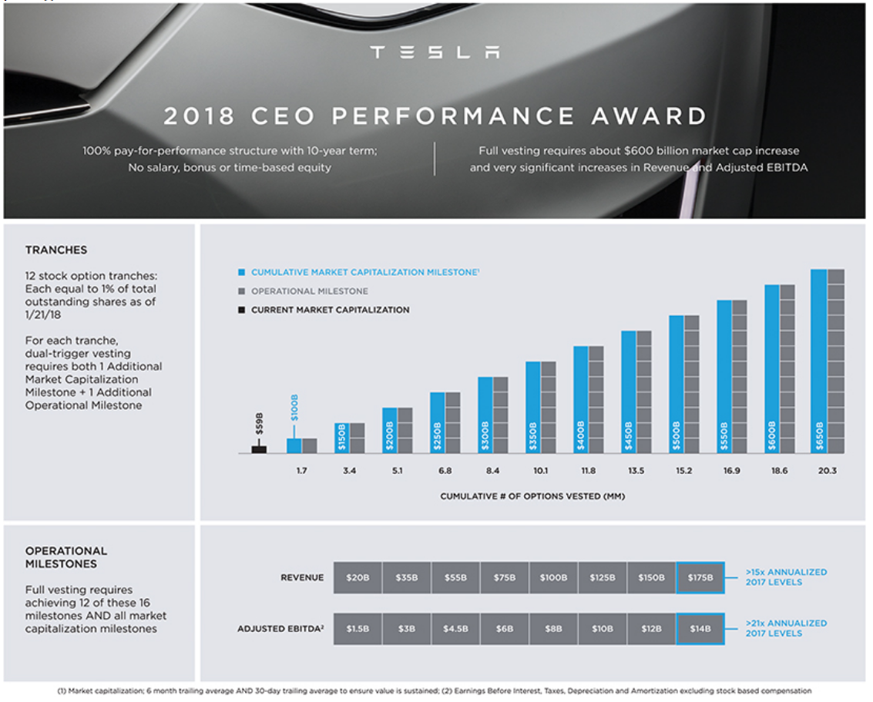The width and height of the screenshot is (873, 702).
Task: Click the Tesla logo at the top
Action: [435, 52]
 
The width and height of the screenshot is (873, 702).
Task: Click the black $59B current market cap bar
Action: [259, 449]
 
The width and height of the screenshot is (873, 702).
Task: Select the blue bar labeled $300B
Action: [485, 415]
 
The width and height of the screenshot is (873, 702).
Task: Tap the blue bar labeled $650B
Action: [819, 361]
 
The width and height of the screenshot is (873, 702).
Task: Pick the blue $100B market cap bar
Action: [294, 445]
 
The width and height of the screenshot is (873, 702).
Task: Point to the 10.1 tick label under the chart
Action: [539, 470]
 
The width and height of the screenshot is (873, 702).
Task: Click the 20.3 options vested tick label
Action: [826, 470]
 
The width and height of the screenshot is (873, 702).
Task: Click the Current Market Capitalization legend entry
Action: [330, 310]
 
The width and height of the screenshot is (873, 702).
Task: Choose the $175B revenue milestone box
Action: [700, 577]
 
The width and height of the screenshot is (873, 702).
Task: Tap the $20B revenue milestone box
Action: [358, 577]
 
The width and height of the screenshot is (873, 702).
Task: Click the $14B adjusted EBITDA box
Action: [700, 629]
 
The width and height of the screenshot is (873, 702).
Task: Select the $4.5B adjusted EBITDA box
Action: [455, 629]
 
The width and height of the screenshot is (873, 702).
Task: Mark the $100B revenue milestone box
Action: [553, 577]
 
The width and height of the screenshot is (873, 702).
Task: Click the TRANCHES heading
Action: [55, 250]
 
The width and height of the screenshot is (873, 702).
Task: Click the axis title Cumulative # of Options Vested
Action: [532, 496]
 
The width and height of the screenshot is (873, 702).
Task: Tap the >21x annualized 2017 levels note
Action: [785, 628]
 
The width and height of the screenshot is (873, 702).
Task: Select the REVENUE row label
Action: [302, 577]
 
